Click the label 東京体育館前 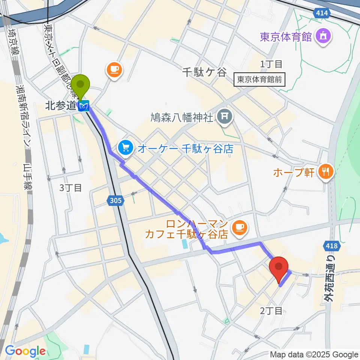tap(259, 80)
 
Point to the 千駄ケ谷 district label tap(205, 72)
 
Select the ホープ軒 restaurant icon tap(325, 172)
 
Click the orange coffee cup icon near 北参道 tap(114, 69)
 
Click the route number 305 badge tap(116, 201)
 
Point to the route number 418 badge tap(331, 246)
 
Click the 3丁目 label tap(70, 187)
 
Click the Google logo tap(25, 351)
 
